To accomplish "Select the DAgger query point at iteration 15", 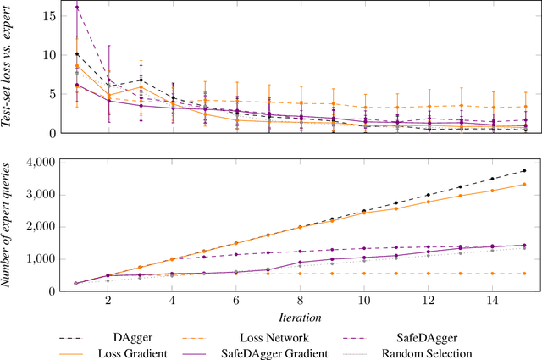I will click(524, 170).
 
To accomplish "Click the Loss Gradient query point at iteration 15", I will click(524, 184).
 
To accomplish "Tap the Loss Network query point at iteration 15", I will click(524, 274).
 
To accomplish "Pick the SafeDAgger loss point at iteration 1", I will click(77, 8).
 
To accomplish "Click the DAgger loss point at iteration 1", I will click(77, 53).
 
